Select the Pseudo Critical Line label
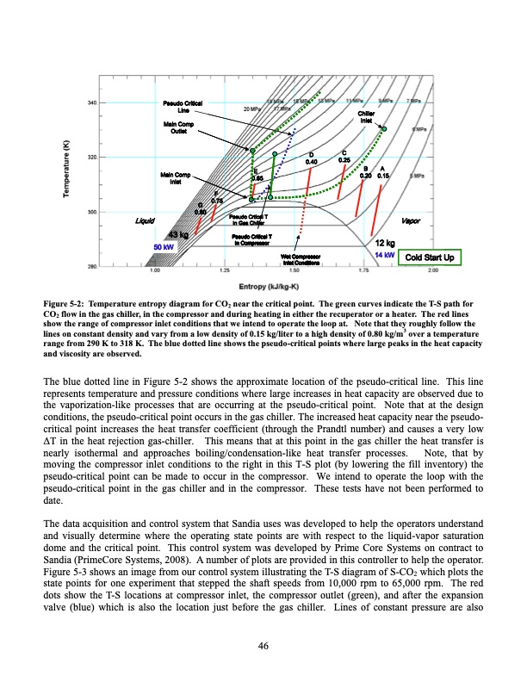(183, 108)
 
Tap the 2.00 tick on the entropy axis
(431, 270)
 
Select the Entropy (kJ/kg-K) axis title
(270, 283)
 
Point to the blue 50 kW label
(163, 247)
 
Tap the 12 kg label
(384, 243)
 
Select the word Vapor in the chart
(410, 221)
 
